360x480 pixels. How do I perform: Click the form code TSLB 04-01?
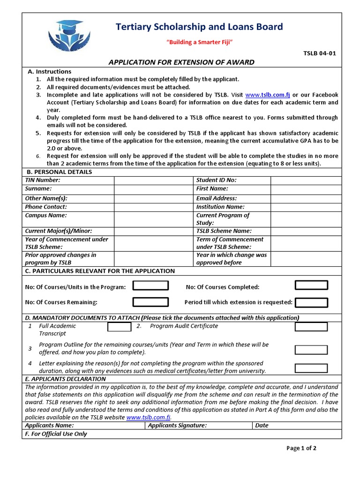click(x=320, y=53)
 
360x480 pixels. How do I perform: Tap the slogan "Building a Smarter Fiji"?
click(x=200, y=43)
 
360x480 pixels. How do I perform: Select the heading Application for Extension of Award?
click(x=182, y=62)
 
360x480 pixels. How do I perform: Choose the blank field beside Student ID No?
click(x=306, y=180)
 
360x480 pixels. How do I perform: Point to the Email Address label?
click(x=217, y=198)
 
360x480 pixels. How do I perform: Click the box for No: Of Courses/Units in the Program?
click(x=150, y=286)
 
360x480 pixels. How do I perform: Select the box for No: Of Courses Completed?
click(x=311, y=286)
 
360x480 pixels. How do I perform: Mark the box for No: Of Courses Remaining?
click(x=150, y=302)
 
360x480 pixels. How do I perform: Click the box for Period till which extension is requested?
click(x=311, y=302)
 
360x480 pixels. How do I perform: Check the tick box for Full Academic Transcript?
click(x=119, y=328)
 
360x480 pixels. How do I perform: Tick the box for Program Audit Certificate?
click(x=311, y=326)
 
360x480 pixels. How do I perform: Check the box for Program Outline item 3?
click(x=311, y=350)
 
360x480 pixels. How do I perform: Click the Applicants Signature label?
click(x=177, y=426)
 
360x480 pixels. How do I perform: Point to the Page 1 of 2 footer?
click(x=301, y=448)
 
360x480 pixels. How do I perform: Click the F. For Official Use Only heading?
click(x=56, y=434)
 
